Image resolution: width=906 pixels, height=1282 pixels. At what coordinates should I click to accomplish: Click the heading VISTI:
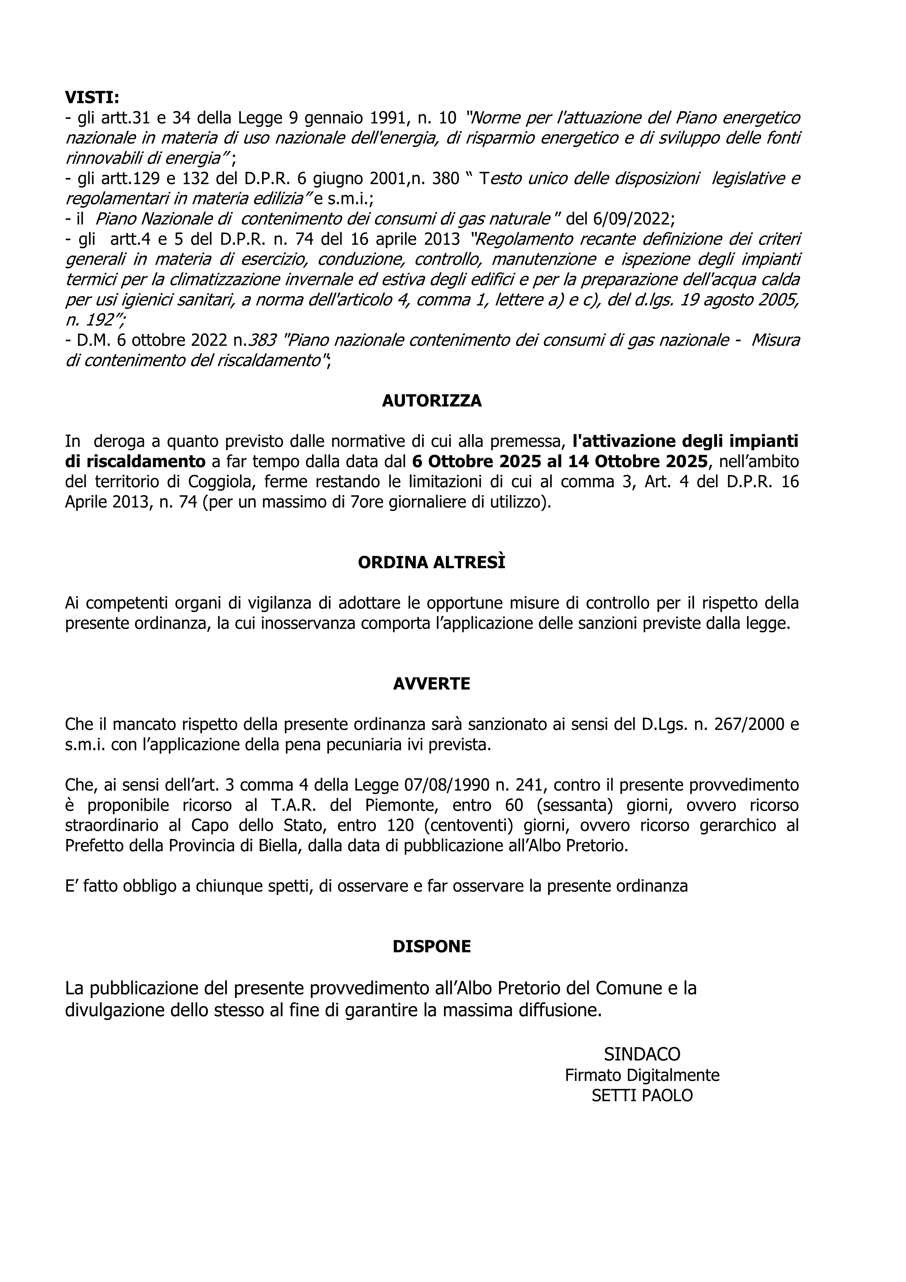[x=92, y=98]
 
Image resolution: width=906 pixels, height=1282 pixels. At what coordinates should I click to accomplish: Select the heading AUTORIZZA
[x=432, y=401]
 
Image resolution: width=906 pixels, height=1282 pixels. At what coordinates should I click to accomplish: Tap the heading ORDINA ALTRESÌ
[x=432, y=562]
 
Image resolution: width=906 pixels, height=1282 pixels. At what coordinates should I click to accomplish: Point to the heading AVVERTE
[x=432, y=684]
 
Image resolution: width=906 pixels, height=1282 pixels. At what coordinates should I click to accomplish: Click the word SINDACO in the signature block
[x=642, y=1054]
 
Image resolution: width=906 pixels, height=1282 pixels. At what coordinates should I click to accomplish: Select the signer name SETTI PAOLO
[x=642, y=1096]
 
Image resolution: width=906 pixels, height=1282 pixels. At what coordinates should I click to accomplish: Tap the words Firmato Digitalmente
[x=642, y=1075]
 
